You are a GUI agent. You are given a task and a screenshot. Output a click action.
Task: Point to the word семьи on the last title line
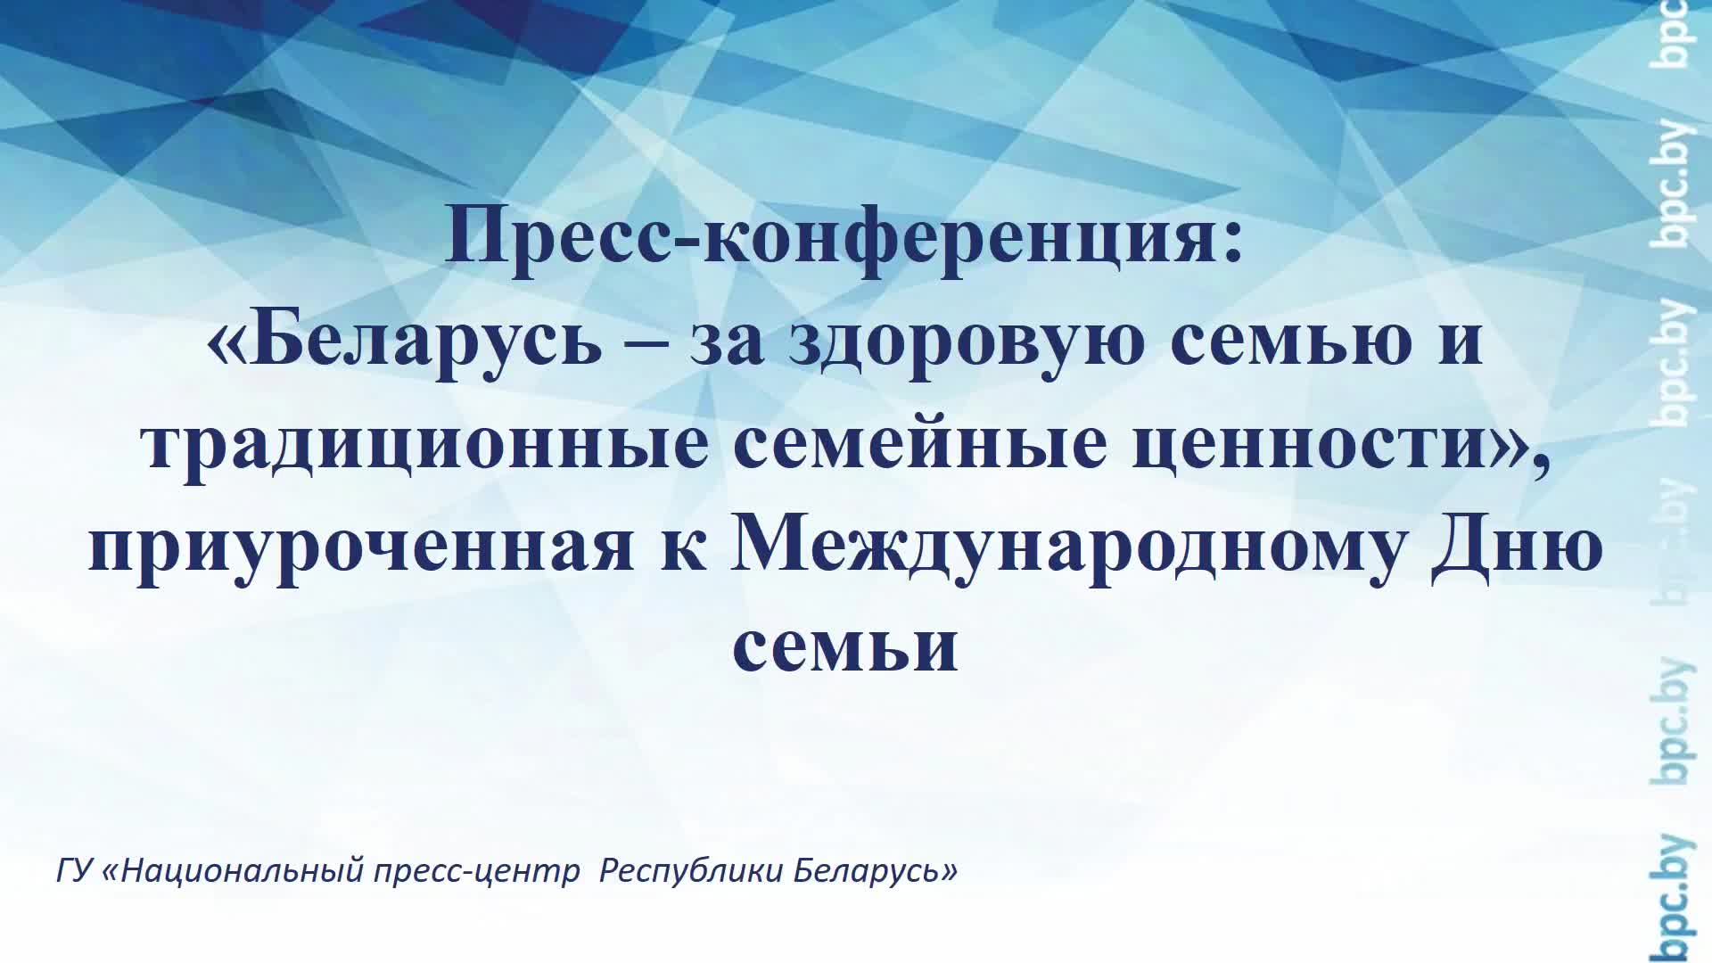point(845,647)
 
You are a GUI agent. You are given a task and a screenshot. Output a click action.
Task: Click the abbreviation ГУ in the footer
point(75,870)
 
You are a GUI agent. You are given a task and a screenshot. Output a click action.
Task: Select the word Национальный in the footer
point(241,870)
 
